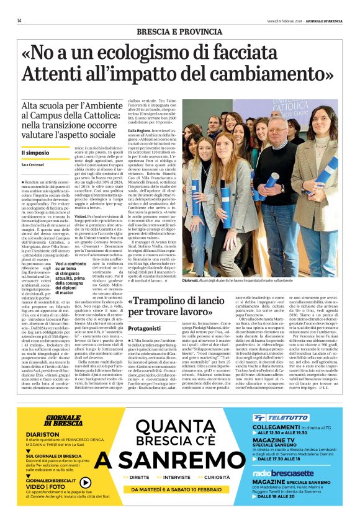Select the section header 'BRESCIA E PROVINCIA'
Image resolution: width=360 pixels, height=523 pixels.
point(180,32)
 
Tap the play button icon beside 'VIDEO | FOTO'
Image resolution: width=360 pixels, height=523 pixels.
point(85,482)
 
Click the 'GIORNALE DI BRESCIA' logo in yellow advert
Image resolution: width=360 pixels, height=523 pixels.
point(55,420)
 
